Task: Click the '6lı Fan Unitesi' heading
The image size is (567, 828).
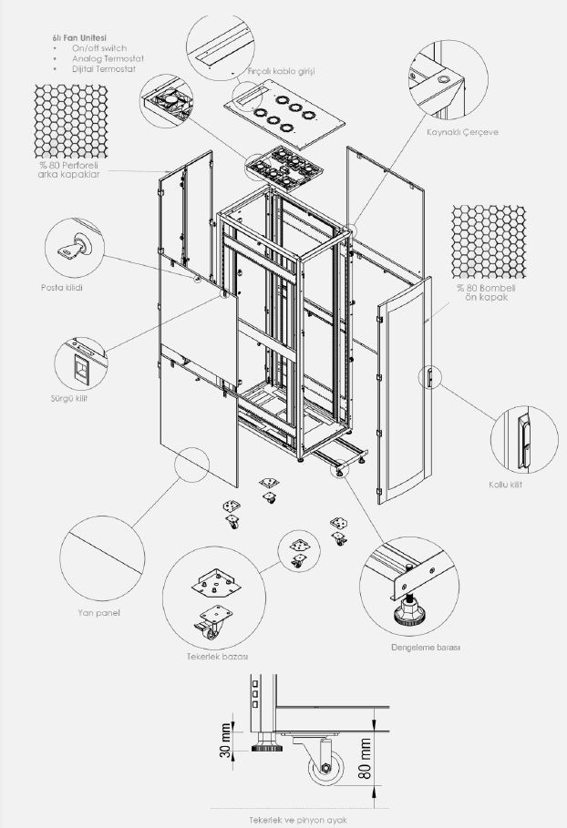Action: point(79,37)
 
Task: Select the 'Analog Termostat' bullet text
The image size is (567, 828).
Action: point(108,58)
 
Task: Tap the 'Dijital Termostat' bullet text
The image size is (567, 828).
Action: point(104,69)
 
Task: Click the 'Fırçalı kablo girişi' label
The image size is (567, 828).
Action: point(281,71)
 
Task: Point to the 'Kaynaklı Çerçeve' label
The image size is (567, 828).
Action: point(462,132)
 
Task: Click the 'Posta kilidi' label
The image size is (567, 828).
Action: point(62,288)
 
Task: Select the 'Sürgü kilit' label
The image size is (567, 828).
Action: point(68,398)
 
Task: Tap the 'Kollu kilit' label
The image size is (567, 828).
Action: point(505,485)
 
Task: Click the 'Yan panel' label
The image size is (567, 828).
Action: point(98,612)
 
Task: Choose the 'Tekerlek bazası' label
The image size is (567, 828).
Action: point(217,657)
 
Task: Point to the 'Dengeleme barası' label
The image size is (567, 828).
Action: point(426,647)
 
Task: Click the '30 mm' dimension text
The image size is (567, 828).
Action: point(226,741)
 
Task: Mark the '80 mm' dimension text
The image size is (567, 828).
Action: point(365,759)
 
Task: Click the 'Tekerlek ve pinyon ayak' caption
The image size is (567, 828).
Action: point(298,820)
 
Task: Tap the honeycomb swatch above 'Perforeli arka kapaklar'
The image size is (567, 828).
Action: point(71,121)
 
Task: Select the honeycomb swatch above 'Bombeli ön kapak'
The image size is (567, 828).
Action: point(489,242)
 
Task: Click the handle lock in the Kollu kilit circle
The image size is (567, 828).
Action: point(523,440)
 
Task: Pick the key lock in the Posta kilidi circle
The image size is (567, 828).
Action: point(74,248)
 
